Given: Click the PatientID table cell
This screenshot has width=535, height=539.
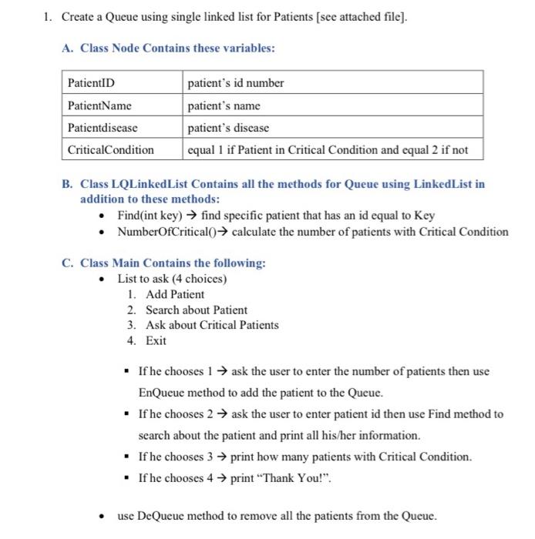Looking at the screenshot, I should tap(91, 82).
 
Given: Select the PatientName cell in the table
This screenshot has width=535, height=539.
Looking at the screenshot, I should tap(99, 105).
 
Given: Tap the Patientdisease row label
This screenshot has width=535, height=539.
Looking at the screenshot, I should tap(103, 128).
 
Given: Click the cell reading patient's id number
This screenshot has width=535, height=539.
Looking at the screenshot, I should tap(236, 82).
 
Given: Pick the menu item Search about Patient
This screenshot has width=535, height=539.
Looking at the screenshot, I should tap(197, 310).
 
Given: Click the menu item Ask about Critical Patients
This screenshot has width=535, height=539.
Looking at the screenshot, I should tap(212, 325).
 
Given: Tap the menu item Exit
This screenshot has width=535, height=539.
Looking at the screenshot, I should tap(156, 340).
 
